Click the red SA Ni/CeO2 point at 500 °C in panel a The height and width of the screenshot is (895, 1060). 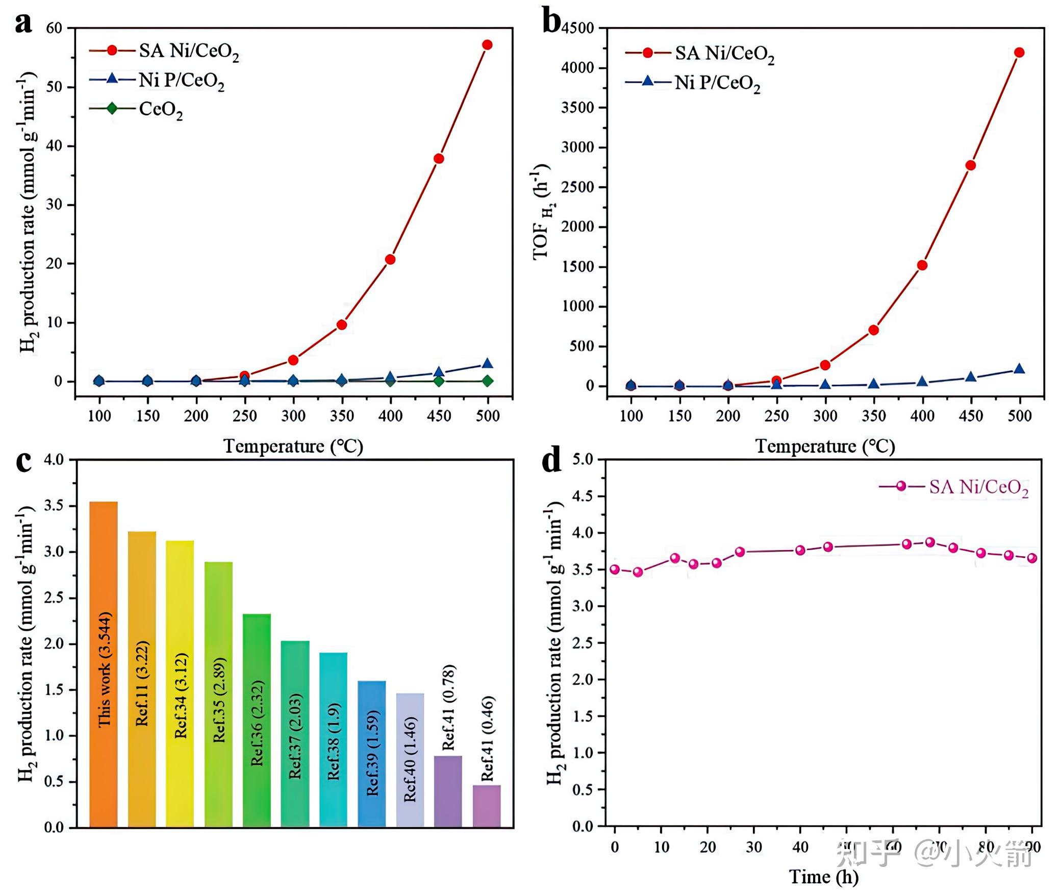(487, 45)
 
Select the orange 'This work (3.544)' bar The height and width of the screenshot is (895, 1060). (104, 663)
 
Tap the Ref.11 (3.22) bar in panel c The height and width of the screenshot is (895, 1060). (142, 679)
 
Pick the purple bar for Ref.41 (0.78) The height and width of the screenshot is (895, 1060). (448, 790)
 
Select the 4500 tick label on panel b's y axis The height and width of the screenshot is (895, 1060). (577, 28)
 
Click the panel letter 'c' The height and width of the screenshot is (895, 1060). (23, 461)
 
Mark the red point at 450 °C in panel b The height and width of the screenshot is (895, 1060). (971, 165)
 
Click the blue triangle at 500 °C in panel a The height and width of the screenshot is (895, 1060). (487, 364)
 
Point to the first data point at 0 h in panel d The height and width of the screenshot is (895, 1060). (615, 569)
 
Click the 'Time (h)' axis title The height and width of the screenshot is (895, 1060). (823, 877)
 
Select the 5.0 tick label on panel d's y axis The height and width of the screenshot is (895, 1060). (583, 460)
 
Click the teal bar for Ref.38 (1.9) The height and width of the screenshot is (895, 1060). (333, 739)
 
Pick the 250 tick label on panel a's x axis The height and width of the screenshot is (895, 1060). (245, 416)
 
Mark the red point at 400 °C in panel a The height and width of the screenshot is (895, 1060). (390, 259)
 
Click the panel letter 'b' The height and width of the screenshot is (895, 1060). (551, 22)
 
